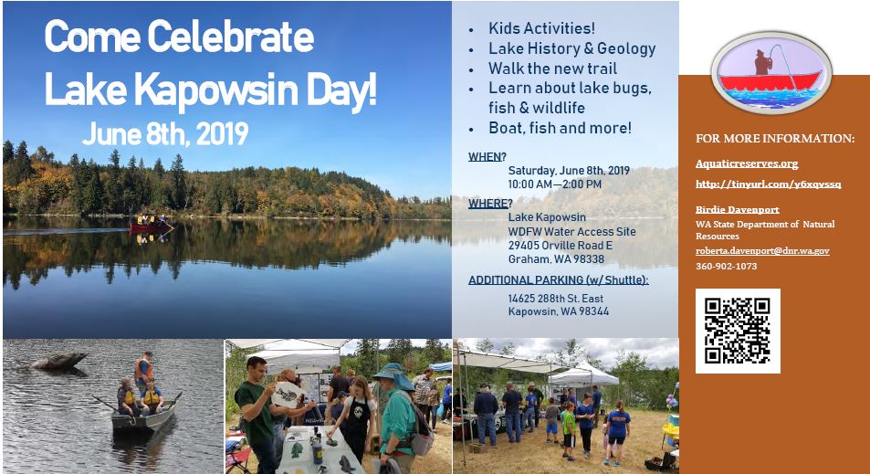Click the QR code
pos(738,331)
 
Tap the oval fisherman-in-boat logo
pos(771,70)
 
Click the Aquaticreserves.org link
pos(747,163)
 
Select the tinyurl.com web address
pos(768,184)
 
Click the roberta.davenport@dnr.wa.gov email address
pos(762,250)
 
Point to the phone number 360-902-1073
pos(726,267)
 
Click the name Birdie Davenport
pos(737,209)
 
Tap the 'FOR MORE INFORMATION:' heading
pos(775,139)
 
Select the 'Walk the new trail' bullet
pos(552,68)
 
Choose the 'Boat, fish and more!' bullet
pos(560,128)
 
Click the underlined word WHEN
pos(485,156)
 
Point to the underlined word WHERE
pos(488,203)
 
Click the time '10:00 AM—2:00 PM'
pos(554,184)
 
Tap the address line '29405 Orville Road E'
pos(560,245)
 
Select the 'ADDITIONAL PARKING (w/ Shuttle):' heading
pos(558,279)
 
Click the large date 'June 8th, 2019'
pos(164,134)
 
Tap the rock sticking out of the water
pos(59,361)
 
